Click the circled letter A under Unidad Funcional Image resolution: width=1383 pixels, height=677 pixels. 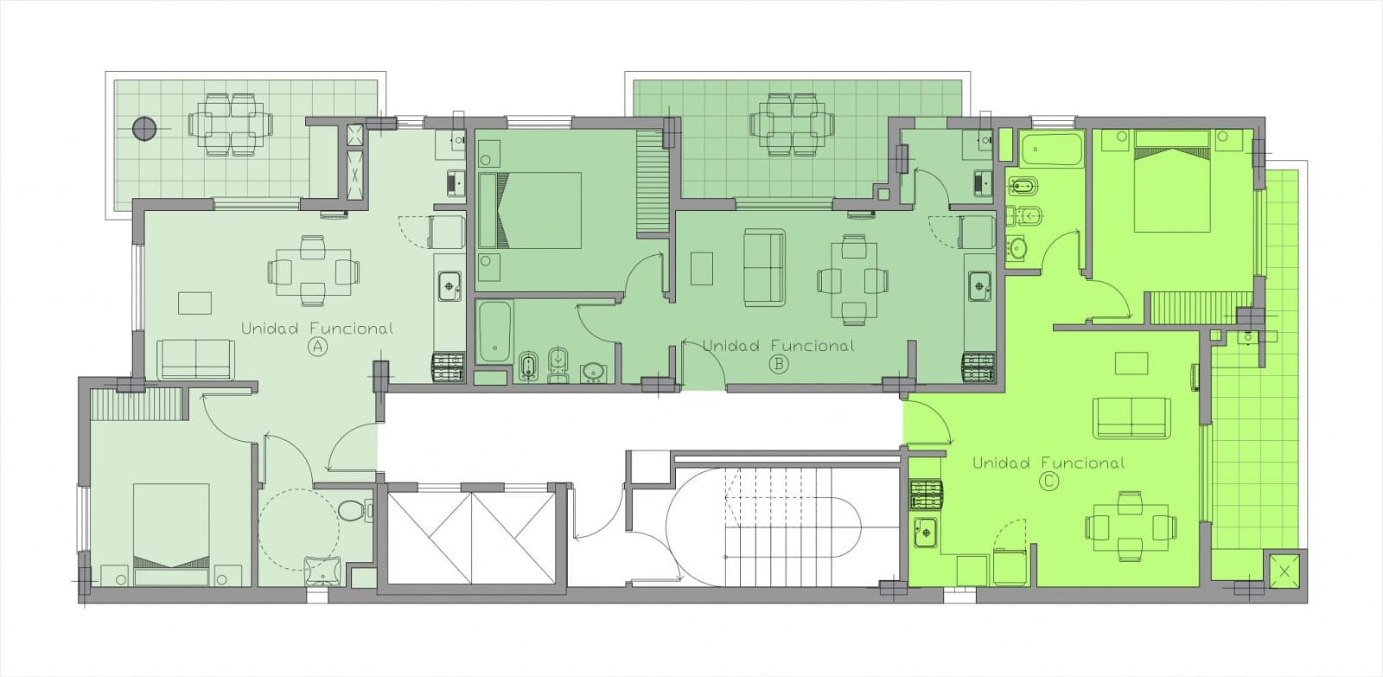tap(317, 348)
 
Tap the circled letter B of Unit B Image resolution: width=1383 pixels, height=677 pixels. tap(779, 365)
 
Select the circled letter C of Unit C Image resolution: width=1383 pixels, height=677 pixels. tap(1048, 482)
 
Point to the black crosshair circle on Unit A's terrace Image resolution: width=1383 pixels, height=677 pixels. tap(143, 129)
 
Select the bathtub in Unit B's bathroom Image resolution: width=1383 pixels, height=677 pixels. tap(494, 333)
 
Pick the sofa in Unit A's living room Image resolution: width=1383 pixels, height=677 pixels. tap(195, 359)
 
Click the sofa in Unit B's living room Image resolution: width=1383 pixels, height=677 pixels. tap(764, 267)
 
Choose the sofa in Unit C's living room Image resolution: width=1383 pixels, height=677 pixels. tap(1131, 418)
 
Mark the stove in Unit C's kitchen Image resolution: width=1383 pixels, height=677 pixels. tap(926, 495)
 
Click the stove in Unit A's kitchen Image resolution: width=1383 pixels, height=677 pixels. tap(448, 367)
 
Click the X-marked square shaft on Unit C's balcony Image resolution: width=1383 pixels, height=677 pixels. tap(1284, 572)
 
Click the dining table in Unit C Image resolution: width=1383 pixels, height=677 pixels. tap(1131, 527)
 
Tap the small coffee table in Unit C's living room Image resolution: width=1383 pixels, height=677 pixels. tap(1131, 363)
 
